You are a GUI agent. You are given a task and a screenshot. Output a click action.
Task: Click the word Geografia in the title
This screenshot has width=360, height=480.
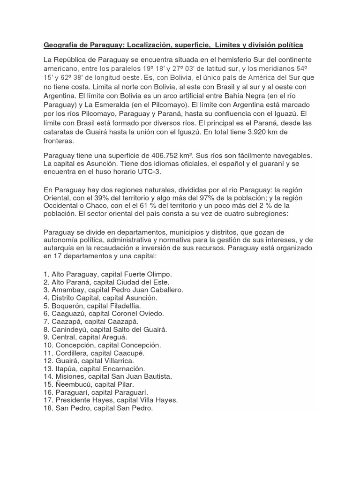(61, 45)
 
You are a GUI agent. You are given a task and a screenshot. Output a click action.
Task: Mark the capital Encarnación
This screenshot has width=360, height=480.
(122, 368)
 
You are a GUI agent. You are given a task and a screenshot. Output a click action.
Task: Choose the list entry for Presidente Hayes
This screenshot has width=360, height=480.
(83, 400)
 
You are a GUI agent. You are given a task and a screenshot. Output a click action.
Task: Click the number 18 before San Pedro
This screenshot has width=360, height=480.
(47, 408)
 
